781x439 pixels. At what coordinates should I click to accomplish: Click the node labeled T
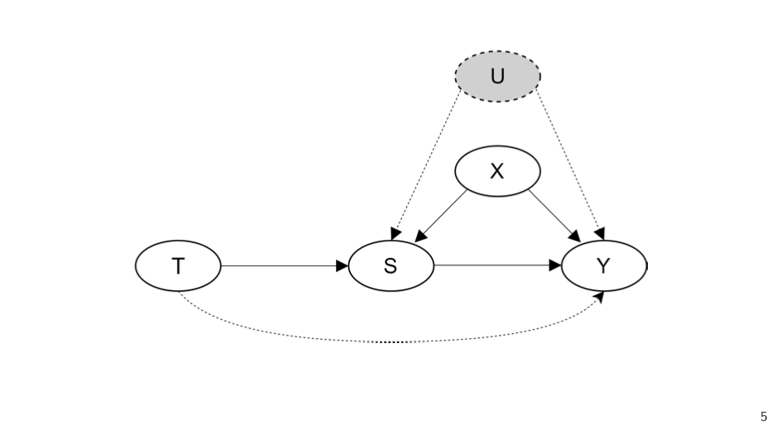coord(178,266)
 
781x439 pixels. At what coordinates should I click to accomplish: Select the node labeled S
coord(390,266)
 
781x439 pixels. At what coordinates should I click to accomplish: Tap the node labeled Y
coord(604,266)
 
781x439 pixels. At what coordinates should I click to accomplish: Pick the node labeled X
coord(497,171)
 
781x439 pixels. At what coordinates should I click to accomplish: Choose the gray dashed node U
coord(497,76)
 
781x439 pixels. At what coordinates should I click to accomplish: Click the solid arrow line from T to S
coord(281,266)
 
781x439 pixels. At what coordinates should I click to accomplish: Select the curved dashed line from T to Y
coord(389,341)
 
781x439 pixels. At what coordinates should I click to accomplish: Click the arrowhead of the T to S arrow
coord(343,266)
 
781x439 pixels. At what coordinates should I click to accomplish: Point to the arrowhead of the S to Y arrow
coord(555,266)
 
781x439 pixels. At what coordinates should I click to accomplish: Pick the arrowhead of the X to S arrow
coord(420,236)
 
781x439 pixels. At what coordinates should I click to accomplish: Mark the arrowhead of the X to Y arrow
coord(576,236)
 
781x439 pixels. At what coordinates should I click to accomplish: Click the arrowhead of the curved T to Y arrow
coord(601,296)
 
